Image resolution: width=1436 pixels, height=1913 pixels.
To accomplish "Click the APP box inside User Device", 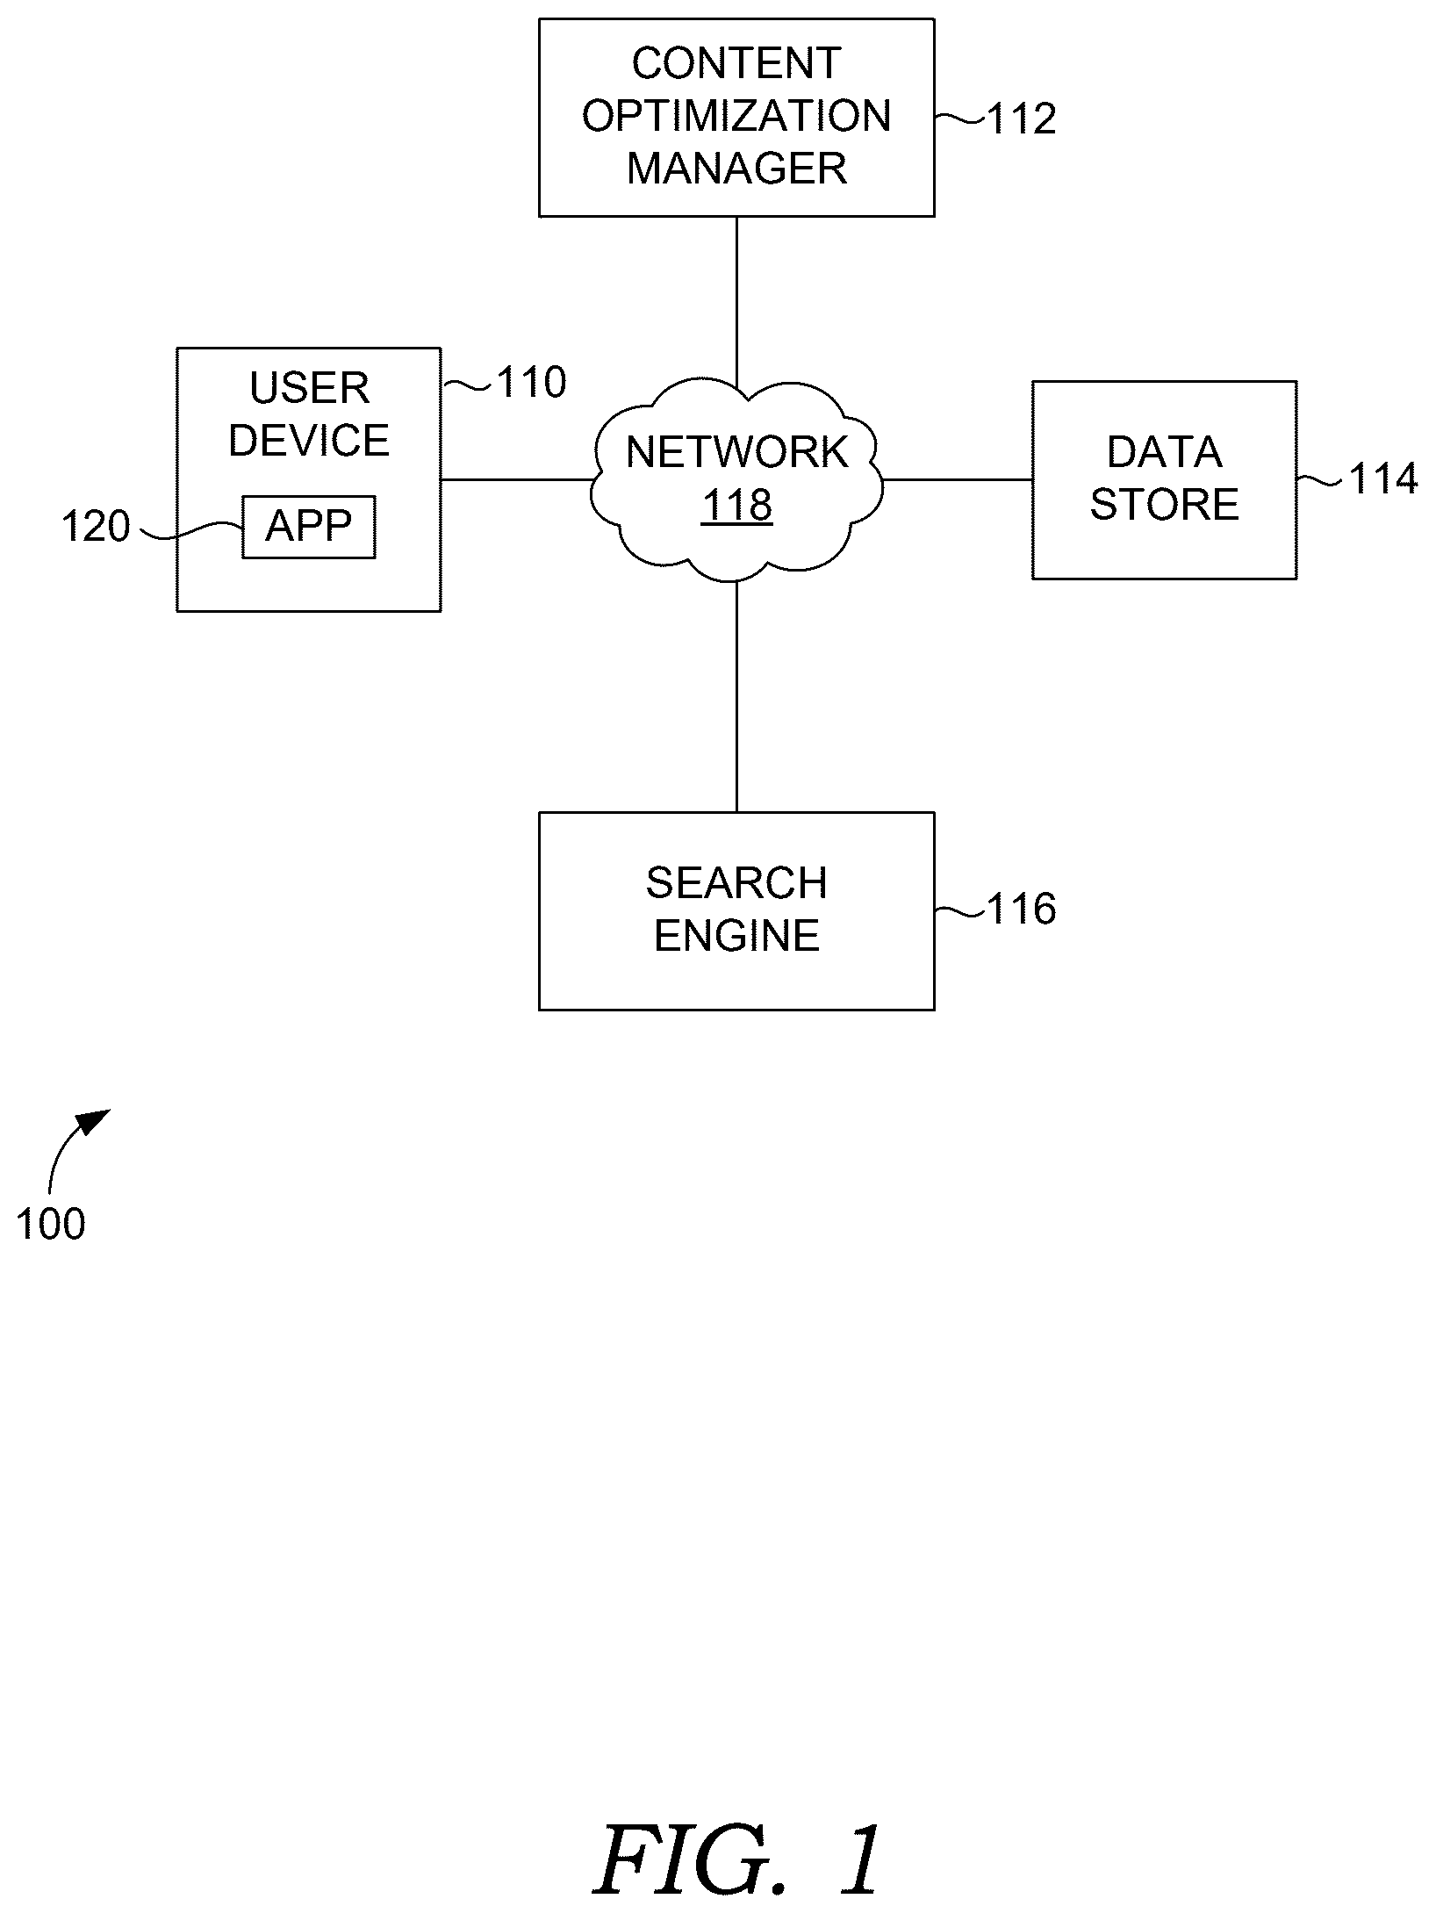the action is coord(309,527).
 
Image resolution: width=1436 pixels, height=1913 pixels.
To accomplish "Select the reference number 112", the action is coord(1022,119).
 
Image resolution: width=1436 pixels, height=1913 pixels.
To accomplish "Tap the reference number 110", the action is coord(532,383).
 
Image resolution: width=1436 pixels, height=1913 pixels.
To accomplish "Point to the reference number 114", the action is coord(1382,479).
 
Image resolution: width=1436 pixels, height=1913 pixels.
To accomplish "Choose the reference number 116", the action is coord(1022,910).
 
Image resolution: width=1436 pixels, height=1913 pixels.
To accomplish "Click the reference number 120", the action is coord(95,527).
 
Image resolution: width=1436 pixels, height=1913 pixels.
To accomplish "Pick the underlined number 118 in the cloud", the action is coord(736,505).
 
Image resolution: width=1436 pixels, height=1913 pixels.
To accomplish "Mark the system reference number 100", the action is coord(50,1224).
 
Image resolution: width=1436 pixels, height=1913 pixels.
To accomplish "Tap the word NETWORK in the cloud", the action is coord(736,452).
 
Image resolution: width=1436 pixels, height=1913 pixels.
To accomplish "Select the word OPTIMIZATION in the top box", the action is coord(736,116).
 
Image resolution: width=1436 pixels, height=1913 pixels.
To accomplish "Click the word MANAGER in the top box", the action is coord(736,169).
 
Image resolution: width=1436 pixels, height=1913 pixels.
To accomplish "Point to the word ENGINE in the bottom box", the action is coord(736,936).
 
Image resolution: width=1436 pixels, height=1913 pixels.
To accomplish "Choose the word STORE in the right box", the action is coord(1164,505).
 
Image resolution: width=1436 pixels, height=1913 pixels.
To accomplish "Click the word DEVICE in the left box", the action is coord(309,441).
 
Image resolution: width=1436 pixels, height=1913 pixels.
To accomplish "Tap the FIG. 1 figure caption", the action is coord(736,1859).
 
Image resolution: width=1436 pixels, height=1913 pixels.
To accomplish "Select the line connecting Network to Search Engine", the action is coord(736,696).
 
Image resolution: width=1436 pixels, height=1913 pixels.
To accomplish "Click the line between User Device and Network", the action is coord(516,480).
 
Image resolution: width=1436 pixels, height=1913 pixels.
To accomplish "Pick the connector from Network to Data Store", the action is coord(957,480).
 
